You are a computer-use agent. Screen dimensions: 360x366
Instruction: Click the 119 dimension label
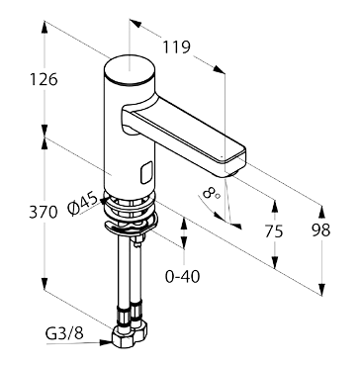coord(176,47)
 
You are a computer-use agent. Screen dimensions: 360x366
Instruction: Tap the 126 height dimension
coord(44,79)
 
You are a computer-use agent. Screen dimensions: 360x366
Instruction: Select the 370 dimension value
coord(44,212)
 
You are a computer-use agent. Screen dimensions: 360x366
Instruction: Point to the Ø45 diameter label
coord(83,205)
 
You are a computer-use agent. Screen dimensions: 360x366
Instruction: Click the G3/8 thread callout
coord(64,333)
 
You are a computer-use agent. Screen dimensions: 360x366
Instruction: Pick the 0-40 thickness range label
coord(182,276)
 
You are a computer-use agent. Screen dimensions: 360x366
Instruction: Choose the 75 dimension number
coord(274,231)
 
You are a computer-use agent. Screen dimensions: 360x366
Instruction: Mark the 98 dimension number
coord(320,230)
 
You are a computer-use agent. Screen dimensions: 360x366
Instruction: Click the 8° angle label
coord(212,193)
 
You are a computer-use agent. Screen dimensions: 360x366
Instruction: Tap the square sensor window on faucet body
coord(146,172)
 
